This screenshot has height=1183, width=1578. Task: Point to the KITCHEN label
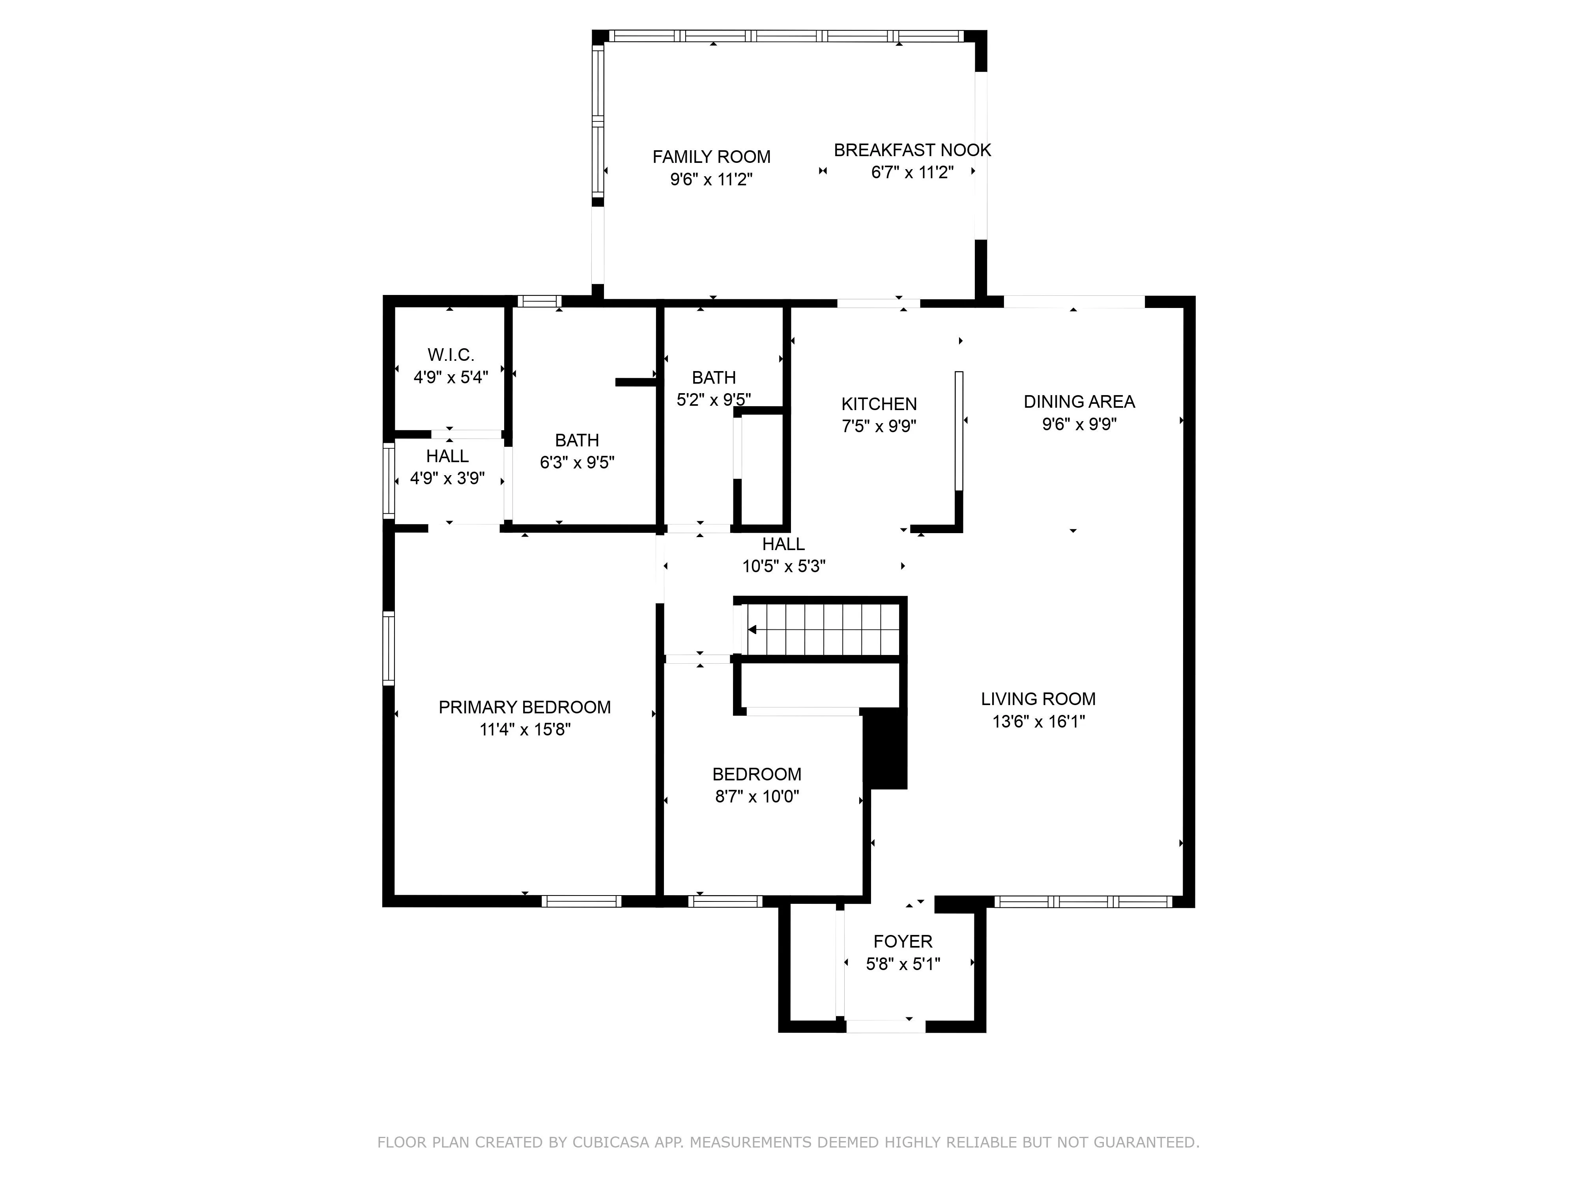pos(879,404)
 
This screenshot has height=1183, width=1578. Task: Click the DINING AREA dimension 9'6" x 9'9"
pos(1079,424)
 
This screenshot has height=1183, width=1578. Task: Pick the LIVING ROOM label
pos(1038,699)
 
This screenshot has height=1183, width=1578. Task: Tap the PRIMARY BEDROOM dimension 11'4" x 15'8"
pos(525,730)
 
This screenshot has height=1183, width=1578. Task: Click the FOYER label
pos(903,941)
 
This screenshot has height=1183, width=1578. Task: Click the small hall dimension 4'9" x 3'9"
pos(447,478)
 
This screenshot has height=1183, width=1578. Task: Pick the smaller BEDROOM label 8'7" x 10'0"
pos(757,774)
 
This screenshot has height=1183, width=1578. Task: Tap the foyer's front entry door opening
pos(885,1027)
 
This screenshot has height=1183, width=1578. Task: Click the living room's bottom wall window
pos(1083,902)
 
